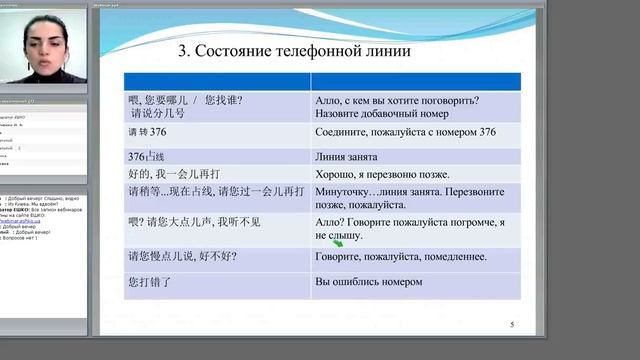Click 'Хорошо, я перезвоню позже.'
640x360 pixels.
[x=390, y=173]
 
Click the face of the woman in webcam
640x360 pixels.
[x=44, y=43]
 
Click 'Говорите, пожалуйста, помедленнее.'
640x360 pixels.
[x=401, y=257]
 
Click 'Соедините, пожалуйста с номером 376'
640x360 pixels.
[x=405, y=132]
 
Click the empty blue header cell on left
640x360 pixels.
[x=216, y=80]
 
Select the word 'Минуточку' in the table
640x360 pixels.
[x=346, y=190]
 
